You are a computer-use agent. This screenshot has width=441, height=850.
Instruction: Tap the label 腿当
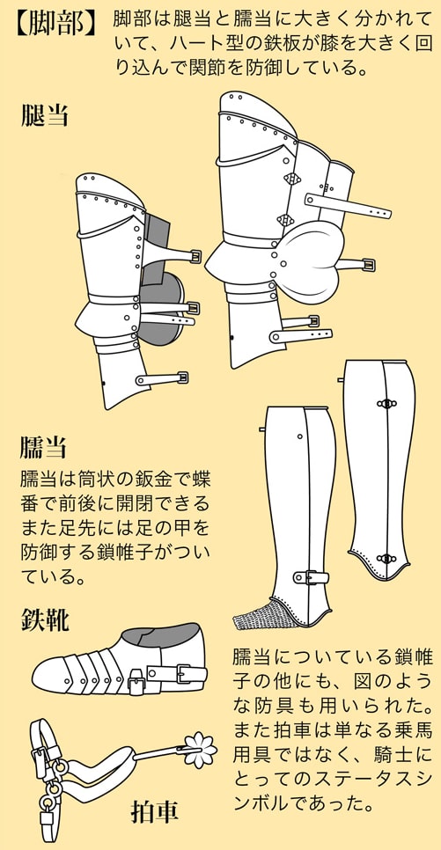(x=45, y=115)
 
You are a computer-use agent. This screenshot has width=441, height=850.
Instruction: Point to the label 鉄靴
(x=45, y=619)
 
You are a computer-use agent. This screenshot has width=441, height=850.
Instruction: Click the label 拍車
(x=154, y=812)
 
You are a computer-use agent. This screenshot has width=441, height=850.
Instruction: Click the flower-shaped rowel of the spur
(x=200, y=750)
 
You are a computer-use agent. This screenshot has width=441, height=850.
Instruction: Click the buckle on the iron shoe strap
(x=185, y=674)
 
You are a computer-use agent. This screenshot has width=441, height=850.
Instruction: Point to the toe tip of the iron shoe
(x=33, y=675)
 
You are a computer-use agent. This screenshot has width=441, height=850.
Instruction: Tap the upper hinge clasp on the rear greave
(x=386, y=403)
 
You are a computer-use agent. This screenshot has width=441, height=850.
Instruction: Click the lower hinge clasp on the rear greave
(x=386, y=559)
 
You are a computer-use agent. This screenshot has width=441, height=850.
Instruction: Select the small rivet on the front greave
(x=300, y=436)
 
